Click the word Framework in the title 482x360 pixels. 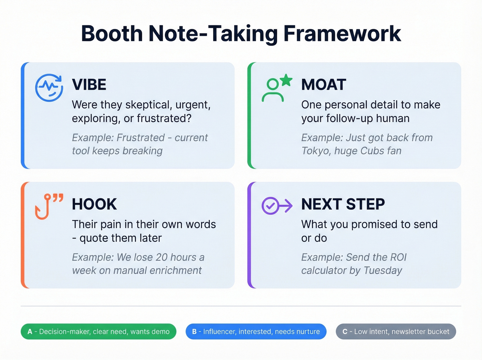(x=342, y=34)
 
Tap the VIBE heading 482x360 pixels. (x=89, y=85)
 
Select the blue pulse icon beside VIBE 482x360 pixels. (x=49, y=88)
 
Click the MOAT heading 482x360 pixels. (x=323, y=85)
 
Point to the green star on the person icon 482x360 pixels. (x=286, y=80)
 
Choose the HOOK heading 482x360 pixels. (x=94, y=204)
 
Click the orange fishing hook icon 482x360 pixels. (x=43, y=207)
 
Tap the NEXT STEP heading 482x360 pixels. (x=343, y=204)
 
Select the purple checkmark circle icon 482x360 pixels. (x=271, y=206)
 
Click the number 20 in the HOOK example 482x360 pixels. (x=161, y=257)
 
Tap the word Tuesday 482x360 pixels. (x=383, y=270)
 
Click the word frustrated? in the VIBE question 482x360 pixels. (x=164, y=119)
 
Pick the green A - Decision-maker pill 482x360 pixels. (x=98, y=331)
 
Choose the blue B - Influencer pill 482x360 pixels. (x=256, y=331)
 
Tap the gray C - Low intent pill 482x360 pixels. (x=396, y=331)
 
